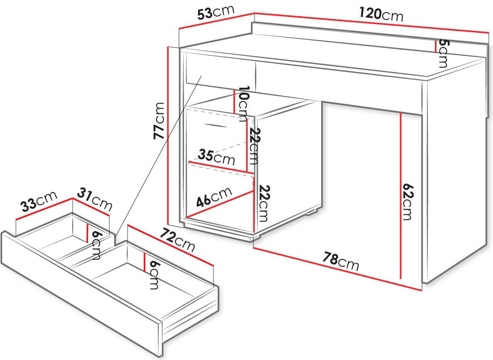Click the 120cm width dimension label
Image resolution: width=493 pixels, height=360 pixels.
pyautogui.click(x=381, y=14)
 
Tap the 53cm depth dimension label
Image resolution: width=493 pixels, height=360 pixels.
pyautogui.click(x=216, y=12)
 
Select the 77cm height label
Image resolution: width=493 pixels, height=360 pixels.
pyautogui.click(x=159, y=121)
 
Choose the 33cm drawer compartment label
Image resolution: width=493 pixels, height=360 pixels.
pyautogui.click(x=39, y=201)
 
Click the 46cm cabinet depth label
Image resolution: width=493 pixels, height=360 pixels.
pyautogui.click(x=214, y=197)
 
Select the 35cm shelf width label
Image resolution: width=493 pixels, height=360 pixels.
pyautogui.click(x=216, y=157)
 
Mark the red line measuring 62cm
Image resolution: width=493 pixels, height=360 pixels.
pyautogui.click(x=401, y=196)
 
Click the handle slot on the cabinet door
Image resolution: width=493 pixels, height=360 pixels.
pyautogui.click(x=216, y=126)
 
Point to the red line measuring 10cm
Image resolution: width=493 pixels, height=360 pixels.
pyautogui.click(x=234, y=101)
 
